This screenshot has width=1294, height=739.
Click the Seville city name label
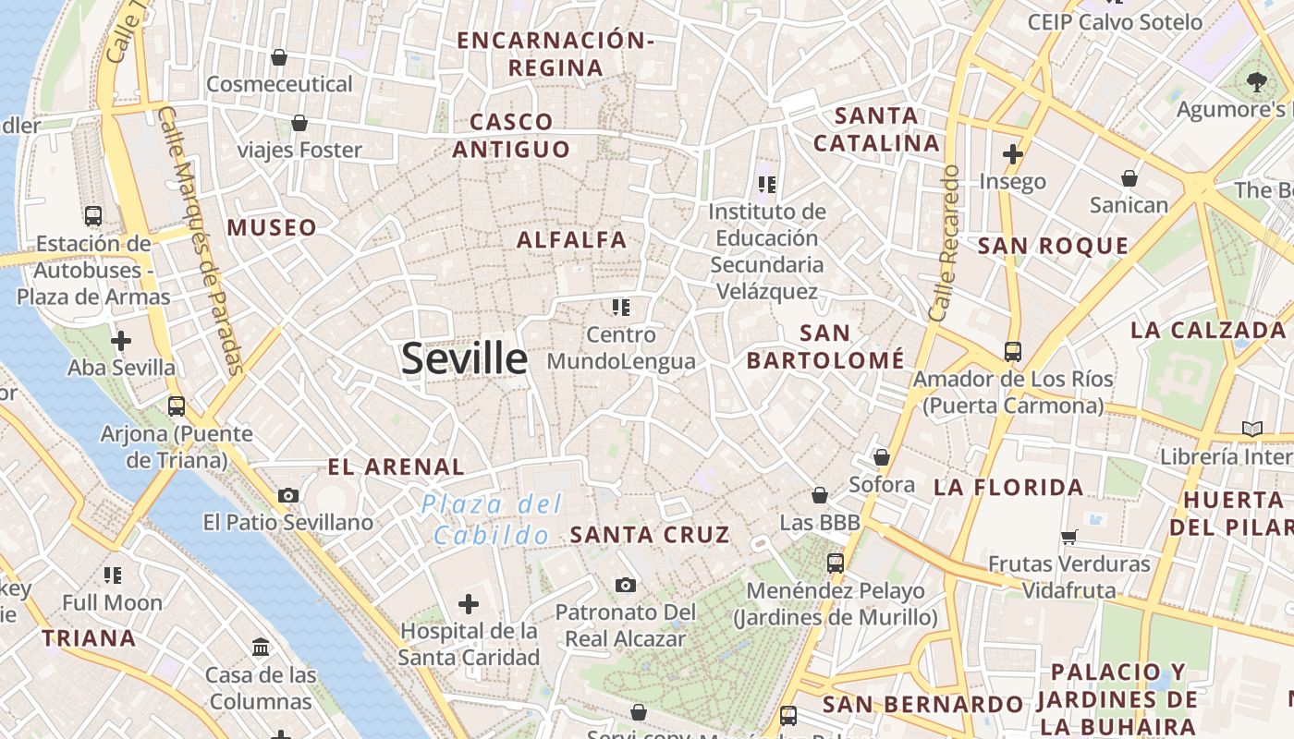click(464, 358)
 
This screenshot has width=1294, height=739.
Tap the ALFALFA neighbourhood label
click(572, 240)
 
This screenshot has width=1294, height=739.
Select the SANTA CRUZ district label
click(650, 535)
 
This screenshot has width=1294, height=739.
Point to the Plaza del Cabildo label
click(492, 519)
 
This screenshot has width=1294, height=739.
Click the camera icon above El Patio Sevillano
click(288, 495)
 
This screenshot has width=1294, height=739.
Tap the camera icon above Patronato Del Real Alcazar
click(626, 585)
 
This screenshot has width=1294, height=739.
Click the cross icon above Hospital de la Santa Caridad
click(469, 604)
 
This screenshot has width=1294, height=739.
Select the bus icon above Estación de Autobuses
click(93, 215)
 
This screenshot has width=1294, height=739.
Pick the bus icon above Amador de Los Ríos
click(1013, 352)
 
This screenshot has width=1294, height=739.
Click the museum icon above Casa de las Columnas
click(261, 647)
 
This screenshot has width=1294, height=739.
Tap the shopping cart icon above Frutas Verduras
click(1069, 537)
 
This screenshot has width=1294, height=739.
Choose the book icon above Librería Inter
click(1252, 429)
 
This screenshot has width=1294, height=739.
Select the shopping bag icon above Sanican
click(1129, 178)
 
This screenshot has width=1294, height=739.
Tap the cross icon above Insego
click(1013, 154)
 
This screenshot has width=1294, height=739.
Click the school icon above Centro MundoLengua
click(621, 307)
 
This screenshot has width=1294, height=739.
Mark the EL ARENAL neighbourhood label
click(397, 467)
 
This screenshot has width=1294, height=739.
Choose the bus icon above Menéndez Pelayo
click(836, 563)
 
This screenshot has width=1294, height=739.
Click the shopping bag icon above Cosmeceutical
click(279, 57)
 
